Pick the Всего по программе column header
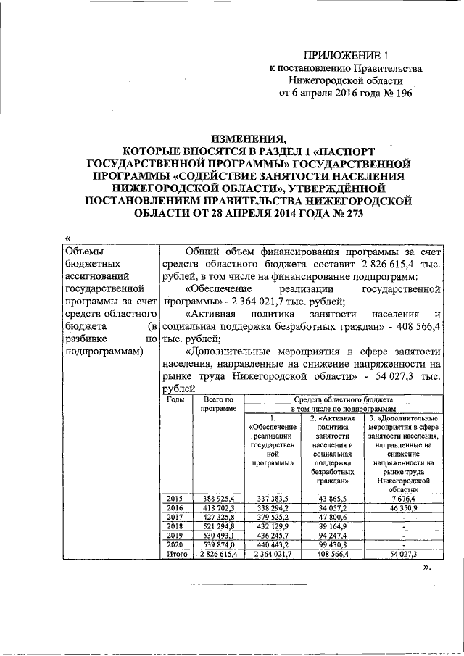pyautogui.click(x=217, y=404)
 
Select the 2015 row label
pyautogui.click(x=175, y=499)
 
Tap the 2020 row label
pyautogui.click(x=175, y=544)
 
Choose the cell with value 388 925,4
pyautogui.click(x=217, y=499)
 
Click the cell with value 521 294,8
pyautogui.click(x=217, y=526)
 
